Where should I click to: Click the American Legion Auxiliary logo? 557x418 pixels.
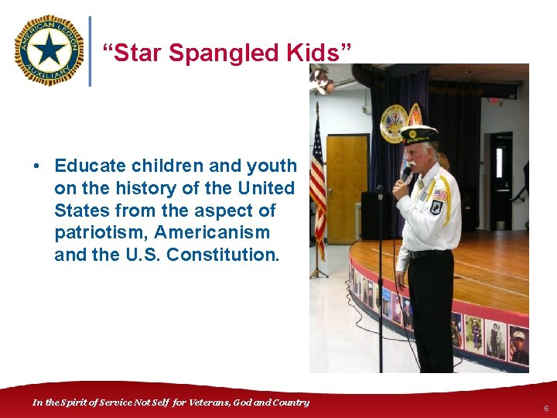[x=49, y=50]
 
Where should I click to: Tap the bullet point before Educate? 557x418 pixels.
[x=36, y=166]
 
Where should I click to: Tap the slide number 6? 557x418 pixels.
[x=545, y=407]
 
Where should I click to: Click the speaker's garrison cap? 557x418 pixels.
[x=419, y=134]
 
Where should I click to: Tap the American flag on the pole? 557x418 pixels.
[x=317, y=182]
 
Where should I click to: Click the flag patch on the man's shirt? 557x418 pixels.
[x=440, y=194]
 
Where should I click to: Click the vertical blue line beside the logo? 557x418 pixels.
[x=91, y=50]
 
